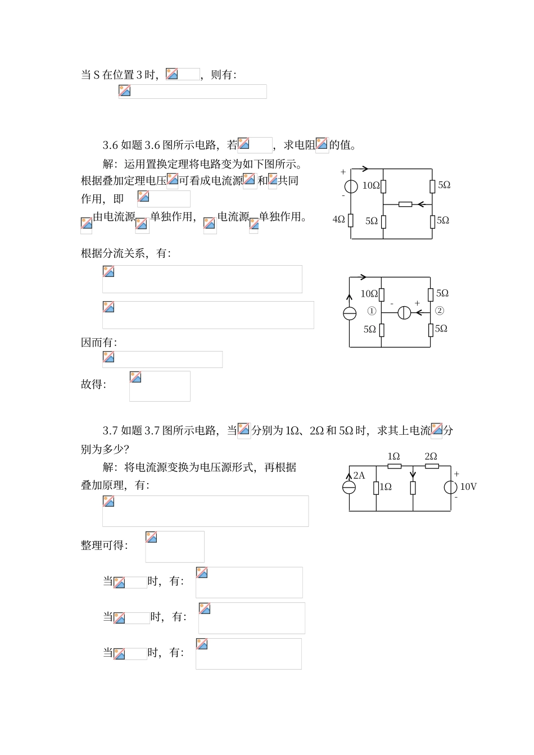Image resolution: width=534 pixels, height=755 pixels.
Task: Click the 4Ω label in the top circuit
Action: click(x=338, y=220)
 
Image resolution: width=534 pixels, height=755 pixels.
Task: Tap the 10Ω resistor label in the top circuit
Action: click(x=370, y=185)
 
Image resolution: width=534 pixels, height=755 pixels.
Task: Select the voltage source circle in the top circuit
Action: click(x=351, y=186)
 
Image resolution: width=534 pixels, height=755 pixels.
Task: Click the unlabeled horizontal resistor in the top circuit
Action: click(x=405, y=204)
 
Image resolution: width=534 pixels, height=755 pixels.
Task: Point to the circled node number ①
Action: click(x=372, y=311)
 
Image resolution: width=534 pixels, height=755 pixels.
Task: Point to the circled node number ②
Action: click(x=439, y=311)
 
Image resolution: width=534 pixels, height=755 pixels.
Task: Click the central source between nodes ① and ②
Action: click(x=404, y=313)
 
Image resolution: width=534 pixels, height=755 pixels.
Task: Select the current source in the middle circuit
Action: click(x=350, y=313)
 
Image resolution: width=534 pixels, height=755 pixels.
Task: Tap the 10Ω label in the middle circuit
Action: click(x=369, y=293)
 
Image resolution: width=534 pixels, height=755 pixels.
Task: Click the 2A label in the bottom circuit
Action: click(x=359, y=475)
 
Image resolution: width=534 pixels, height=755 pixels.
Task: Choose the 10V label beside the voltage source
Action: click(x=468, y=487)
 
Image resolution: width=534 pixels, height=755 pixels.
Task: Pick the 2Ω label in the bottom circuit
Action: click(x=431, y=456)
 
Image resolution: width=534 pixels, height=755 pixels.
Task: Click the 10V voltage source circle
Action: click(x=450, y=487)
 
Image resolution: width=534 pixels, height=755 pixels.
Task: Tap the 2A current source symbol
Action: click(x=349, y=487)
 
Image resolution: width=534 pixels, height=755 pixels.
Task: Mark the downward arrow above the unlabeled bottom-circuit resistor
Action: click(x=413, y=476)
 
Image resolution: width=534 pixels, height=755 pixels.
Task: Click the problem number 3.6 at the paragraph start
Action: click(x=110, y=145)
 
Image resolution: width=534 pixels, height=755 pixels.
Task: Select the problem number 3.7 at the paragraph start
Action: click(x=110, y=431)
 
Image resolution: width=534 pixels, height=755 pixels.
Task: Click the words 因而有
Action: click(x=99, y=342)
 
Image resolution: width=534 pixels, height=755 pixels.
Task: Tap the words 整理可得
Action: click(x=104, y=545)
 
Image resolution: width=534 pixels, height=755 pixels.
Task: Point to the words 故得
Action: click(x=93, y=384)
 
